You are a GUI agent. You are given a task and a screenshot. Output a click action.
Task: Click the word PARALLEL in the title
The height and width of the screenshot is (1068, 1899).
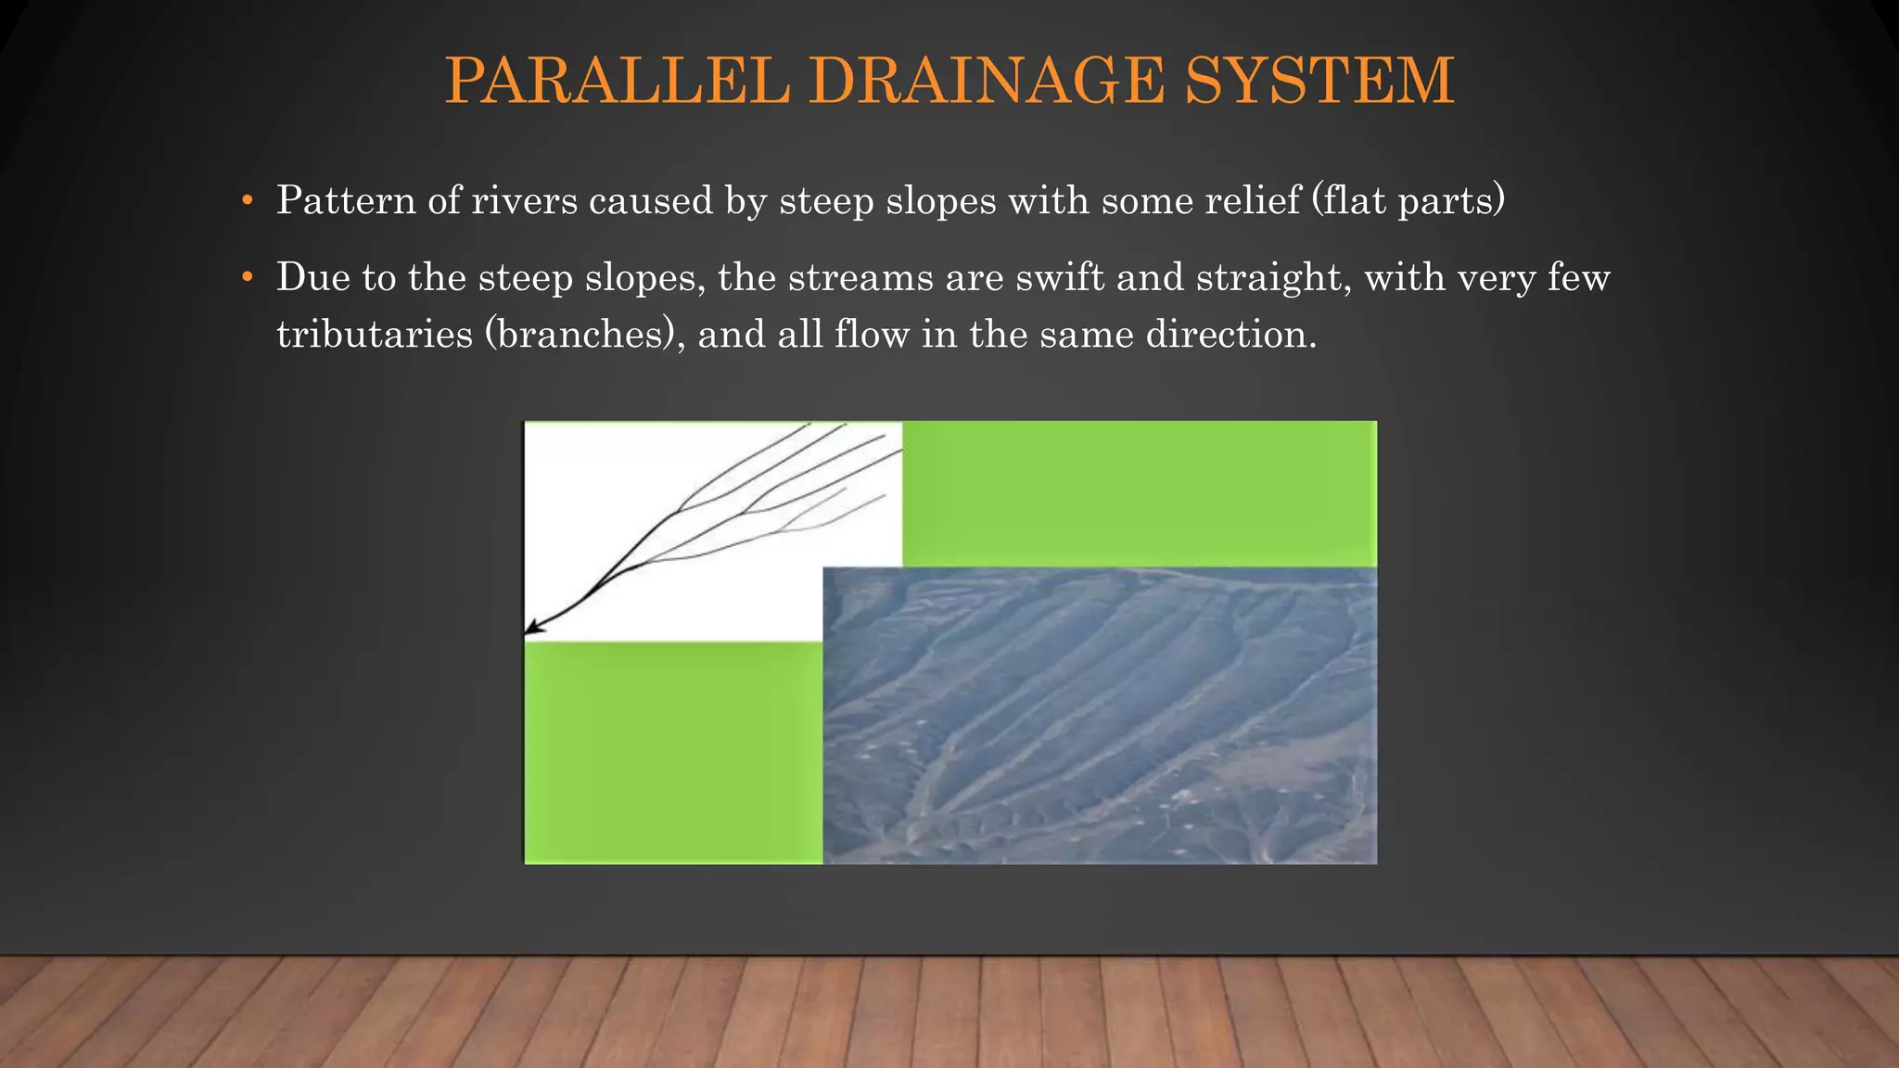617,82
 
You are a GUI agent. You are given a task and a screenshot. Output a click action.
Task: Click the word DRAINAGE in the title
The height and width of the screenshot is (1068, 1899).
987,82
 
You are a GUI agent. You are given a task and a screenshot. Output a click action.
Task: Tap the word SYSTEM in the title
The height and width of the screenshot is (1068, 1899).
1319,82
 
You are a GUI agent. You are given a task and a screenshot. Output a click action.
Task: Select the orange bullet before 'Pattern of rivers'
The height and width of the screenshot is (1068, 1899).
246,201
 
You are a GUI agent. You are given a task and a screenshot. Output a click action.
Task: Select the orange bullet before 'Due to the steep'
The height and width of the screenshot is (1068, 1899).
246,278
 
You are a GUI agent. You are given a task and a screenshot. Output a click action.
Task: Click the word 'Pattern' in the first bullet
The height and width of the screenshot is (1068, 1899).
345,201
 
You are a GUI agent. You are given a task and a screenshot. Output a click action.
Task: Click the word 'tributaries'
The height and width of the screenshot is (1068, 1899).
375,335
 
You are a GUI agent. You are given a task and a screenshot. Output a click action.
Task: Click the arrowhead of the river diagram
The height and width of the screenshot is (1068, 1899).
534,629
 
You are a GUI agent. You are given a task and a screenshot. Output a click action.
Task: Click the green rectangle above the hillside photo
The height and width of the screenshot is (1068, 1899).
1139,492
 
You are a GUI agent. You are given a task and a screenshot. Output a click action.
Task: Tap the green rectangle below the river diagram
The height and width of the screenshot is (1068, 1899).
673,752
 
